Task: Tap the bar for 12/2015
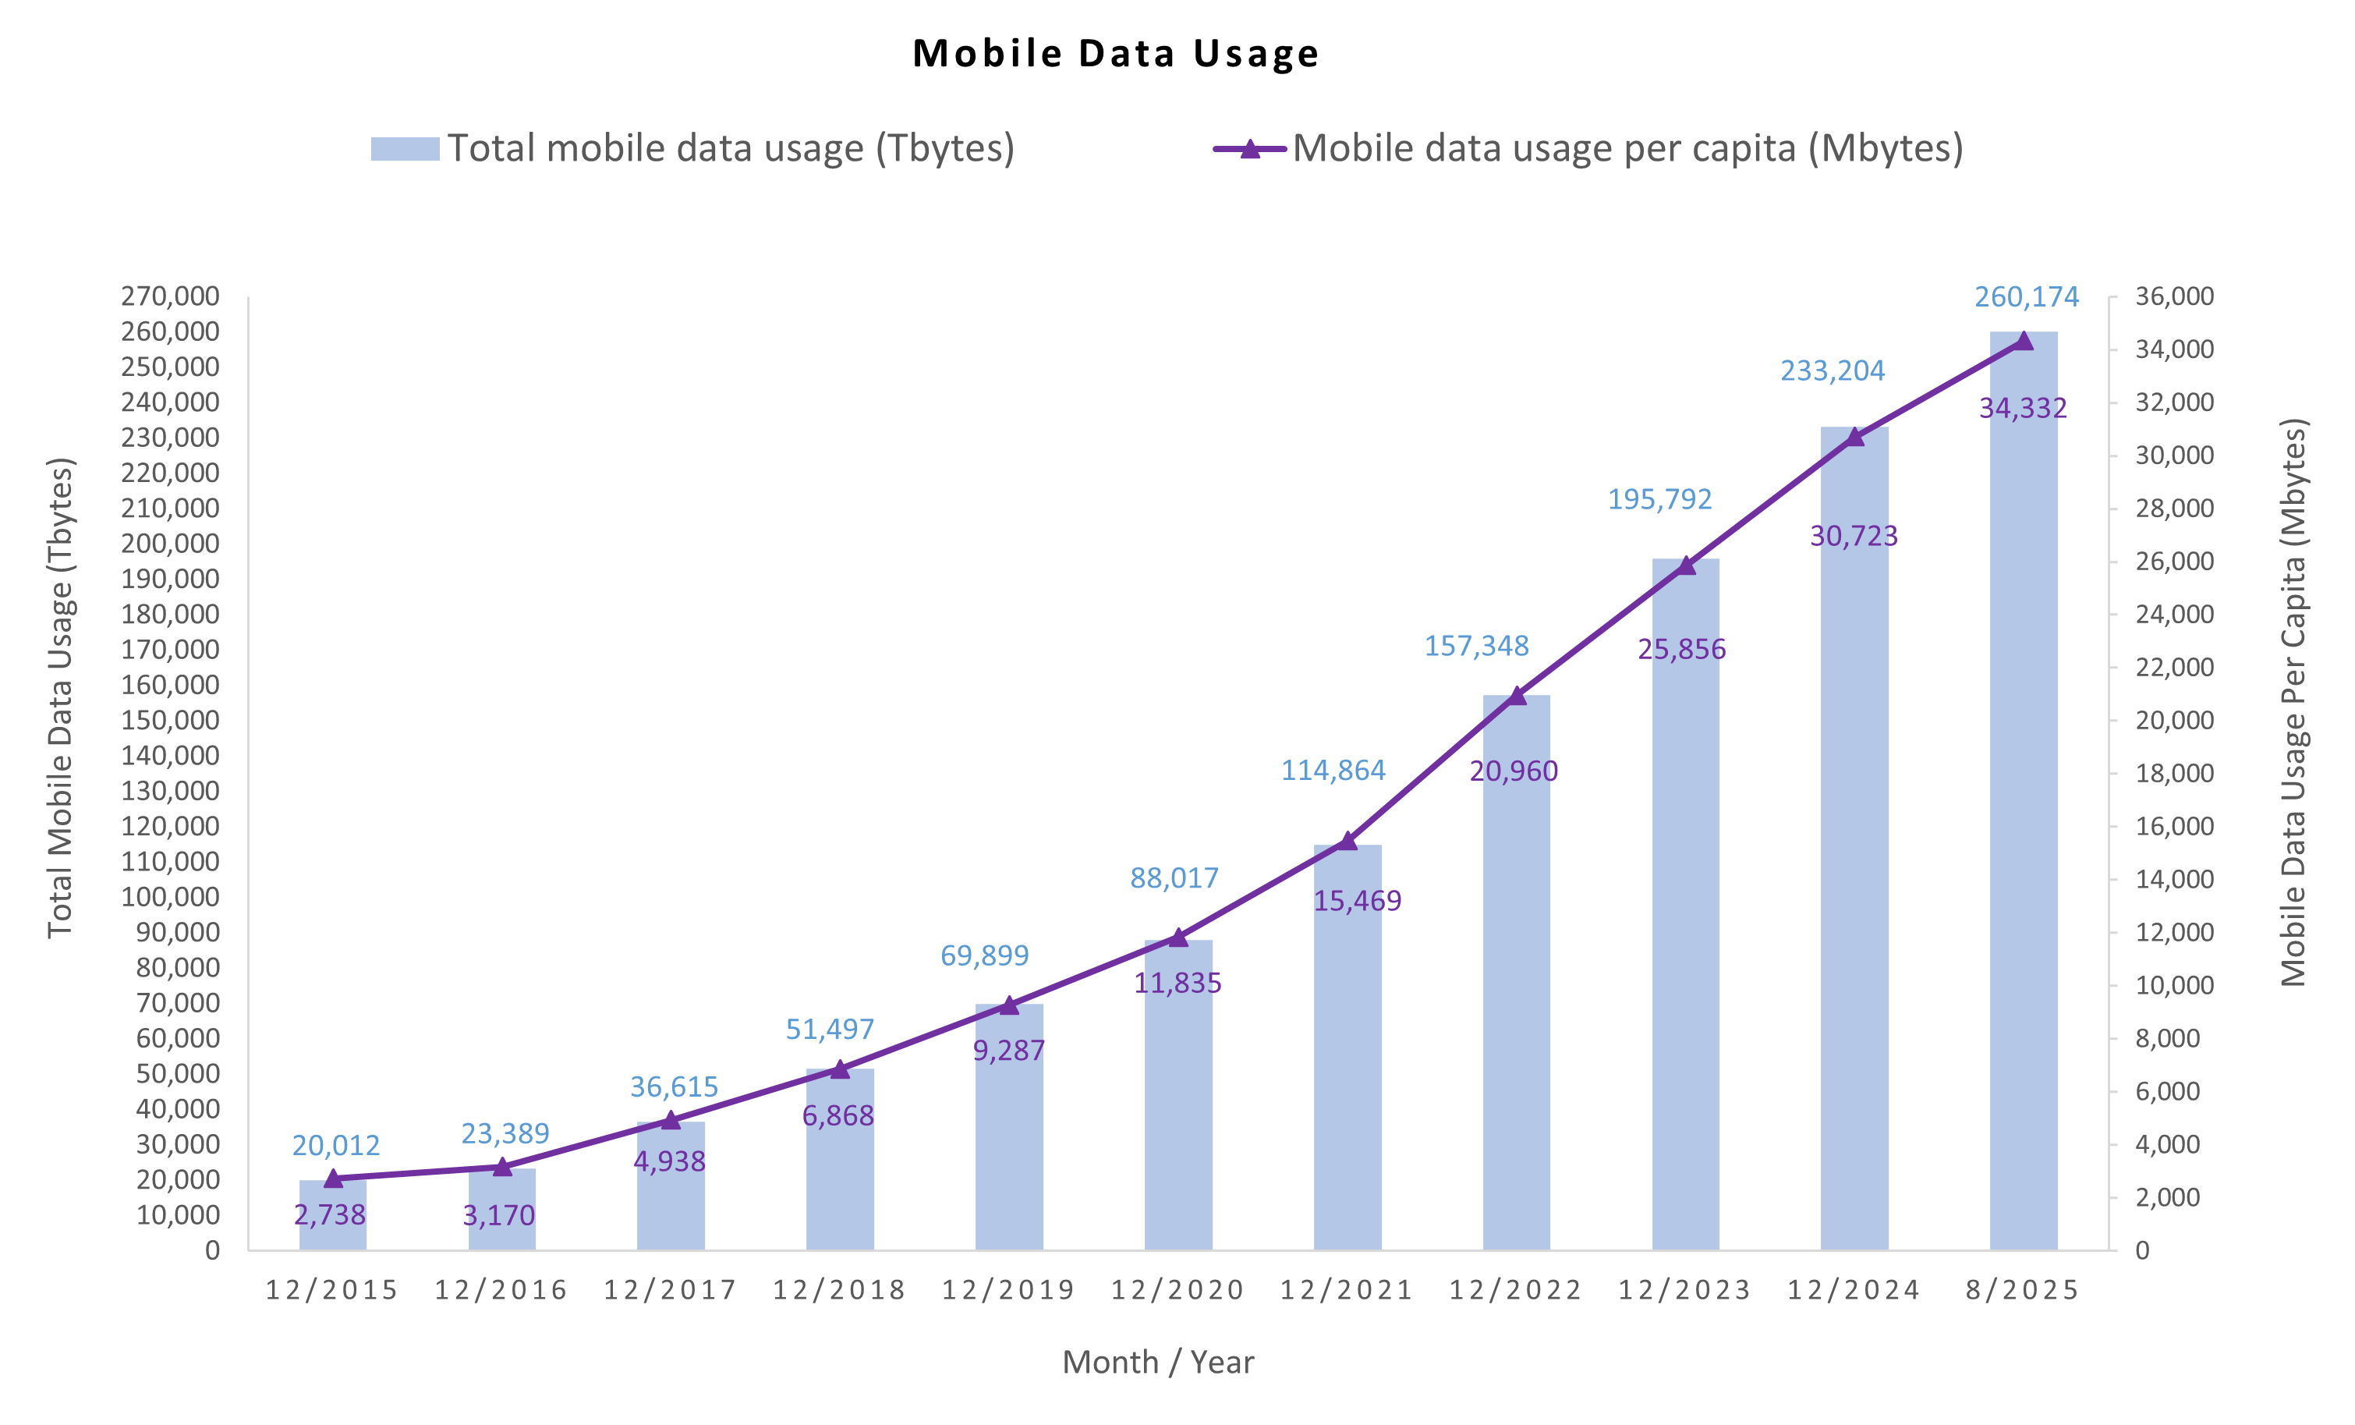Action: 333,1214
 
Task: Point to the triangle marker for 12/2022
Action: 1517,696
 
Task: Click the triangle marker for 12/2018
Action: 839,1069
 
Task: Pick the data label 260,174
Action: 2026,297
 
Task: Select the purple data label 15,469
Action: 1356,900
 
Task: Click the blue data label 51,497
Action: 830,1030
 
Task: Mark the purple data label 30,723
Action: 1854,536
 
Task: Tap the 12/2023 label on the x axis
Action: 1685,1290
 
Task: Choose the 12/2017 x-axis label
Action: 670,1290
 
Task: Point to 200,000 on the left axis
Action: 170,544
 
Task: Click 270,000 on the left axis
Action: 170,296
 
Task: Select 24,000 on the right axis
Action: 2174,615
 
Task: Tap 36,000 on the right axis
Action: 2174,296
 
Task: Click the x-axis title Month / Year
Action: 1157,1362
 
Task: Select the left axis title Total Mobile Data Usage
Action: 60,698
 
